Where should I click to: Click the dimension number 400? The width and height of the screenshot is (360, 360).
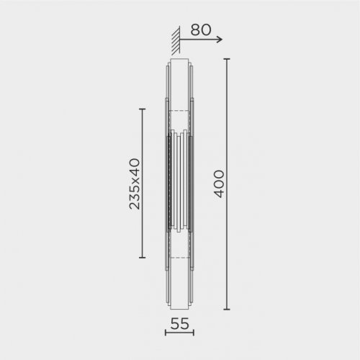219,184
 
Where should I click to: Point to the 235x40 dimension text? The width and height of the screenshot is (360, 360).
134,184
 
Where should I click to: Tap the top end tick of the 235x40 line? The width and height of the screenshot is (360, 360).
142,109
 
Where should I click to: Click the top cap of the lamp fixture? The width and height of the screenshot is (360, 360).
179,60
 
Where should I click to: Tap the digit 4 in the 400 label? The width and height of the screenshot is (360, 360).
219,196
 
